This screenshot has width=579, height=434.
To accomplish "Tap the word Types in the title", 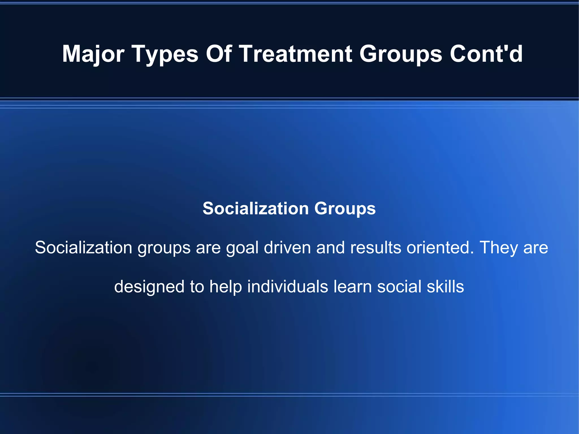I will [165, 54].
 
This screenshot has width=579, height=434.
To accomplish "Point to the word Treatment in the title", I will [296, 54].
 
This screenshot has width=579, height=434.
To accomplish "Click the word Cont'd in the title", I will [486, 54].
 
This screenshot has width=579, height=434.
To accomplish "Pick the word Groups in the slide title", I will [401, 54].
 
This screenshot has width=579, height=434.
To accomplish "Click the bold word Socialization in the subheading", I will [256, 209].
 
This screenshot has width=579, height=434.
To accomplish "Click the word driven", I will [287, 248].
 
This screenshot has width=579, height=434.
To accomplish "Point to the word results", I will [375, 248].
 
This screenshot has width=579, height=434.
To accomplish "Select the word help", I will [226, 287].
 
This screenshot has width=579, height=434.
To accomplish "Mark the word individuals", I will [288, 287].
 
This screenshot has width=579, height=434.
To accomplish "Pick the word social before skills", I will [399, 287].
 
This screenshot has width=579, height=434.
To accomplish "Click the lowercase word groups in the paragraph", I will [164, 248].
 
